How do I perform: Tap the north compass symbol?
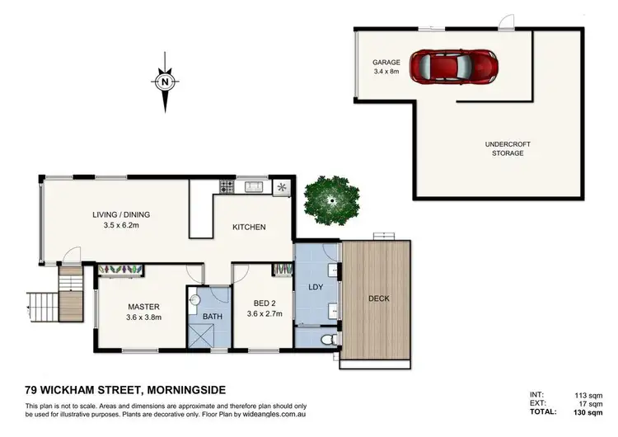166,82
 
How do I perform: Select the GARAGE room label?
386,62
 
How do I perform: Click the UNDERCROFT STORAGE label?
508,148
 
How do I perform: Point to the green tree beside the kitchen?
331,200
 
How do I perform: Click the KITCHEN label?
248,227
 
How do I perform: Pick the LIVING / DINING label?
120,215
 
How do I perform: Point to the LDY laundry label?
314,287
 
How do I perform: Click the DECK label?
378,298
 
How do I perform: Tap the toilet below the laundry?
328,339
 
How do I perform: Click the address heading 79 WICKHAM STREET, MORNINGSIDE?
126,389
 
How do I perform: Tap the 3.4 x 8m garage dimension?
386,71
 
